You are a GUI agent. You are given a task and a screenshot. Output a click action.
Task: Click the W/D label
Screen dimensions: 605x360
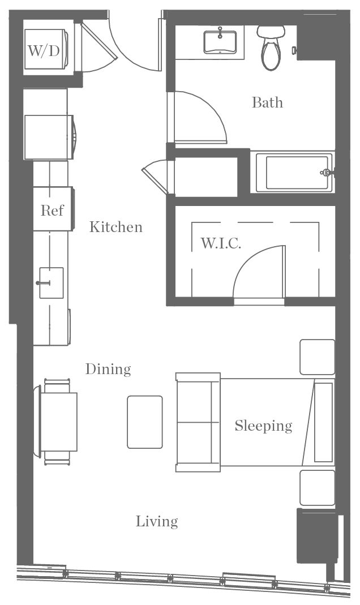pyautogui.click(x=44, y=52)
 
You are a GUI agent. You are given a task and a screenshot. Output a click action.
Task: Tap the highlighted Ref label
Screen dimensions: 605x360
pyautogui.click(x=52, y=211)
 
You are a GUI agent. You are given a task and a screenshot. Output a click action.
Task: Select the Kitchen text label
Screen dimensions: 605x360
pyautogui.click(x=116, y=227)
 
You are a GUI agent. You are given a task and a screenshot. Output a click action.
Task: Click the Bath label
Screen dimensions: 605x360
pyautogui.click(x=267, y=102)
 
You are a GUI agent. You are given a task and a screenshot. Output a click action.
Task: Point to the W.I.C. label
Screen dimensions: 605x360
pyautogui.click(x=221, y=243)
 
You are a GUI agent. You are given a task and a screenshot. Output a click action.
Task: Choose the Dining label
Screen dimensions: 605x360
pyautogui.click(x=108, y=369)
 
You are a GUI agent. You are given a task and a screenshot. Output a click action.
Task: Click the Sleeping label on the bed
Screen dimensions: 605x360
pyautogui.click(x=264, y=425)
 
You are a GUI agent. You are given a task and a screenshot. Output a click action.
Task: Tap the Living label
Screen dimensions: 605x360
pyautogui.click(x=157, y=521)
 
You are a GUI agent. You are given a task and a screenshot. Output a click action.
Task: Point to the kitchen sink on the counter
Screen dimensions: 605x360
pyautogui.click(x=51, y=282)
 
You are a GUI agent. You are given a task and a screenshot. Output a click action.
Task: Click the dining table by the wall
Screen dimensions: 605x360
pyautogui.click(x=58, y=422)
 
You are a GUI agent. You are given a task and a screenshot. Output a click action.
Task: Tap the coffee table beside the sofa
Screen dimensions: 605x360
pyautogui.click(x=145, y=422)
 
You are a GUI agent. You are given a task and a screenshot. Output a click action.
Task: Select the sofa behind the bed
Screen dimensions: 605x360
pyautogui.click(x=198, y=422)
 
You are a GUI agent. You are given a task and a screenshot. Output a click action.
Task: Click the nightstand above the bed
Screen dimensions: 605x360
pyautogui.click(x=316, y=357)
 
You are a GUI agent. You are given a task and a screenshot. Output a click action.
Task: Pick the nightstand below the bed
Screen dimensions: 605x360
pyautogui.click(x=316, y=487)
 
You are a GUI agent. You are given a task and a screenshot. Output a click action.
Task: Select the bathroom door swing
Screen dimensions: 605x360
pyautogui.click(x=198, y=116)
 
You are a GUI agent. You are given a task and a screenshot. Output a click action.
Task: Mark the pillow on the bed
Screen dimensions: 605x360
pyautogui.click(x=323, y=422)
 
